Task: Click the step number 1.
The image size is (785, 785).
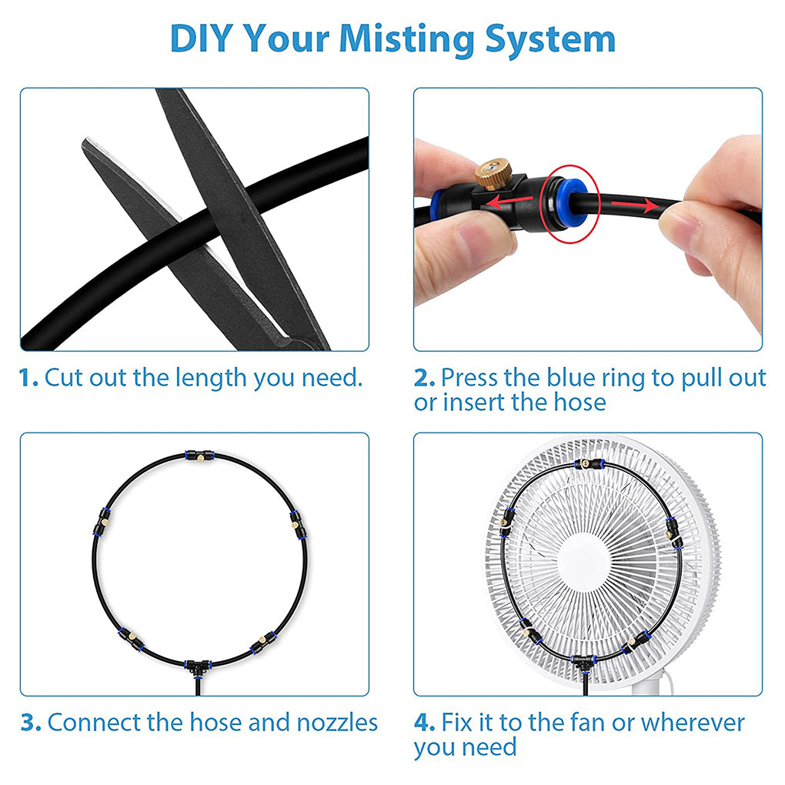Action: tap(28, 378)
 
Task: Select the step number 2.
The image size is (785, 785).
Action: tap(423, 378)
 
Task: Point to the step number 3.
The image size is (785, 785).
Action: tap(30, 723)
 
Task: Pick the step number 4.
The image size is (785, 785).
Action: tap(424, 723)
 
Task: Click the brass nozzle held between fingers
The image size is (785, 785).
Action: tap(489, 174)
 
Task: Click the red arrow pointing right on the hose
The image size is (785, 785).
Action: tap(635, 206)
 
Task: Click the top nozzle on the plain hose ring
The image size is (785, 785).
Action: tap(199, 456)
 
